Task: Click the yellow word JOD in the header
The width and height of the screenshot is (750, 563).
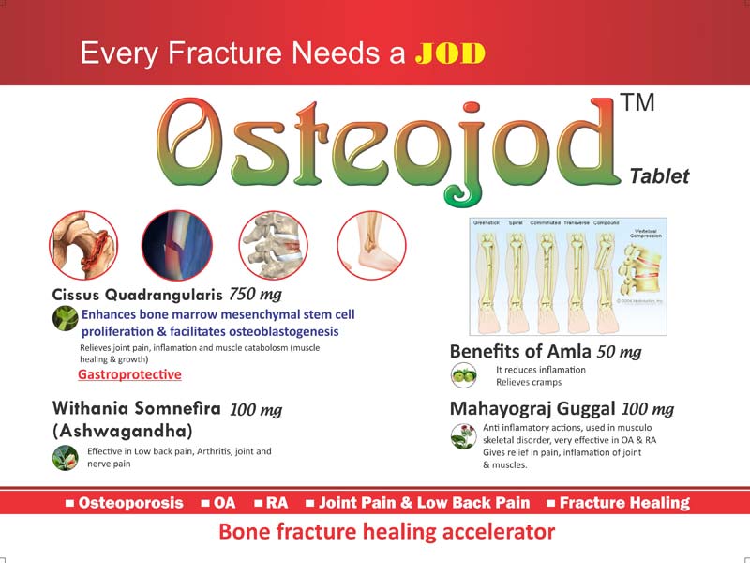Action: coord(450,53)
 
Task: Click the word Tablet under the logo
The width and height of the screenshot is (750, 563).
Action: coord(659,175)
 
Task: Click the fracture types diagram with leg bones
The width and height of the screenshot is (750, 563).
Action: coord(568,277)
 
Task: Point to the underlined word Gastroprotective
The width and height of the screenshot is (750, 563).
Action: coord(129,374)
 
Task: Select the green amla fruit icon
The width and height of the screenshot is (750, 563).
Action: coord(460,375)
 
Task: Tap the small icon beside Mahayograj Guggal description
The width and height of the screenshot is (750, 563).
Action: coord(460,436)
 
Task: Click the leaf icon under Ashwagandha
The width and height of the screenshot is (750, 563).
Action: coord(64,458)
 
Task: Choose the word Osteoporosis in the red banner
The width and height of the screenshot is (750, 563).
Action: coord(130,503)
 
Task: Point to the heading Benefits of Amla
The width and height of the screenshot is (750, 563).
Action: coord(520,351)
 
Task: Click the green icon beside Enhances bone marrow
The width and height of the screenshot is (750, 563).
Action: coord(64,321)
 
